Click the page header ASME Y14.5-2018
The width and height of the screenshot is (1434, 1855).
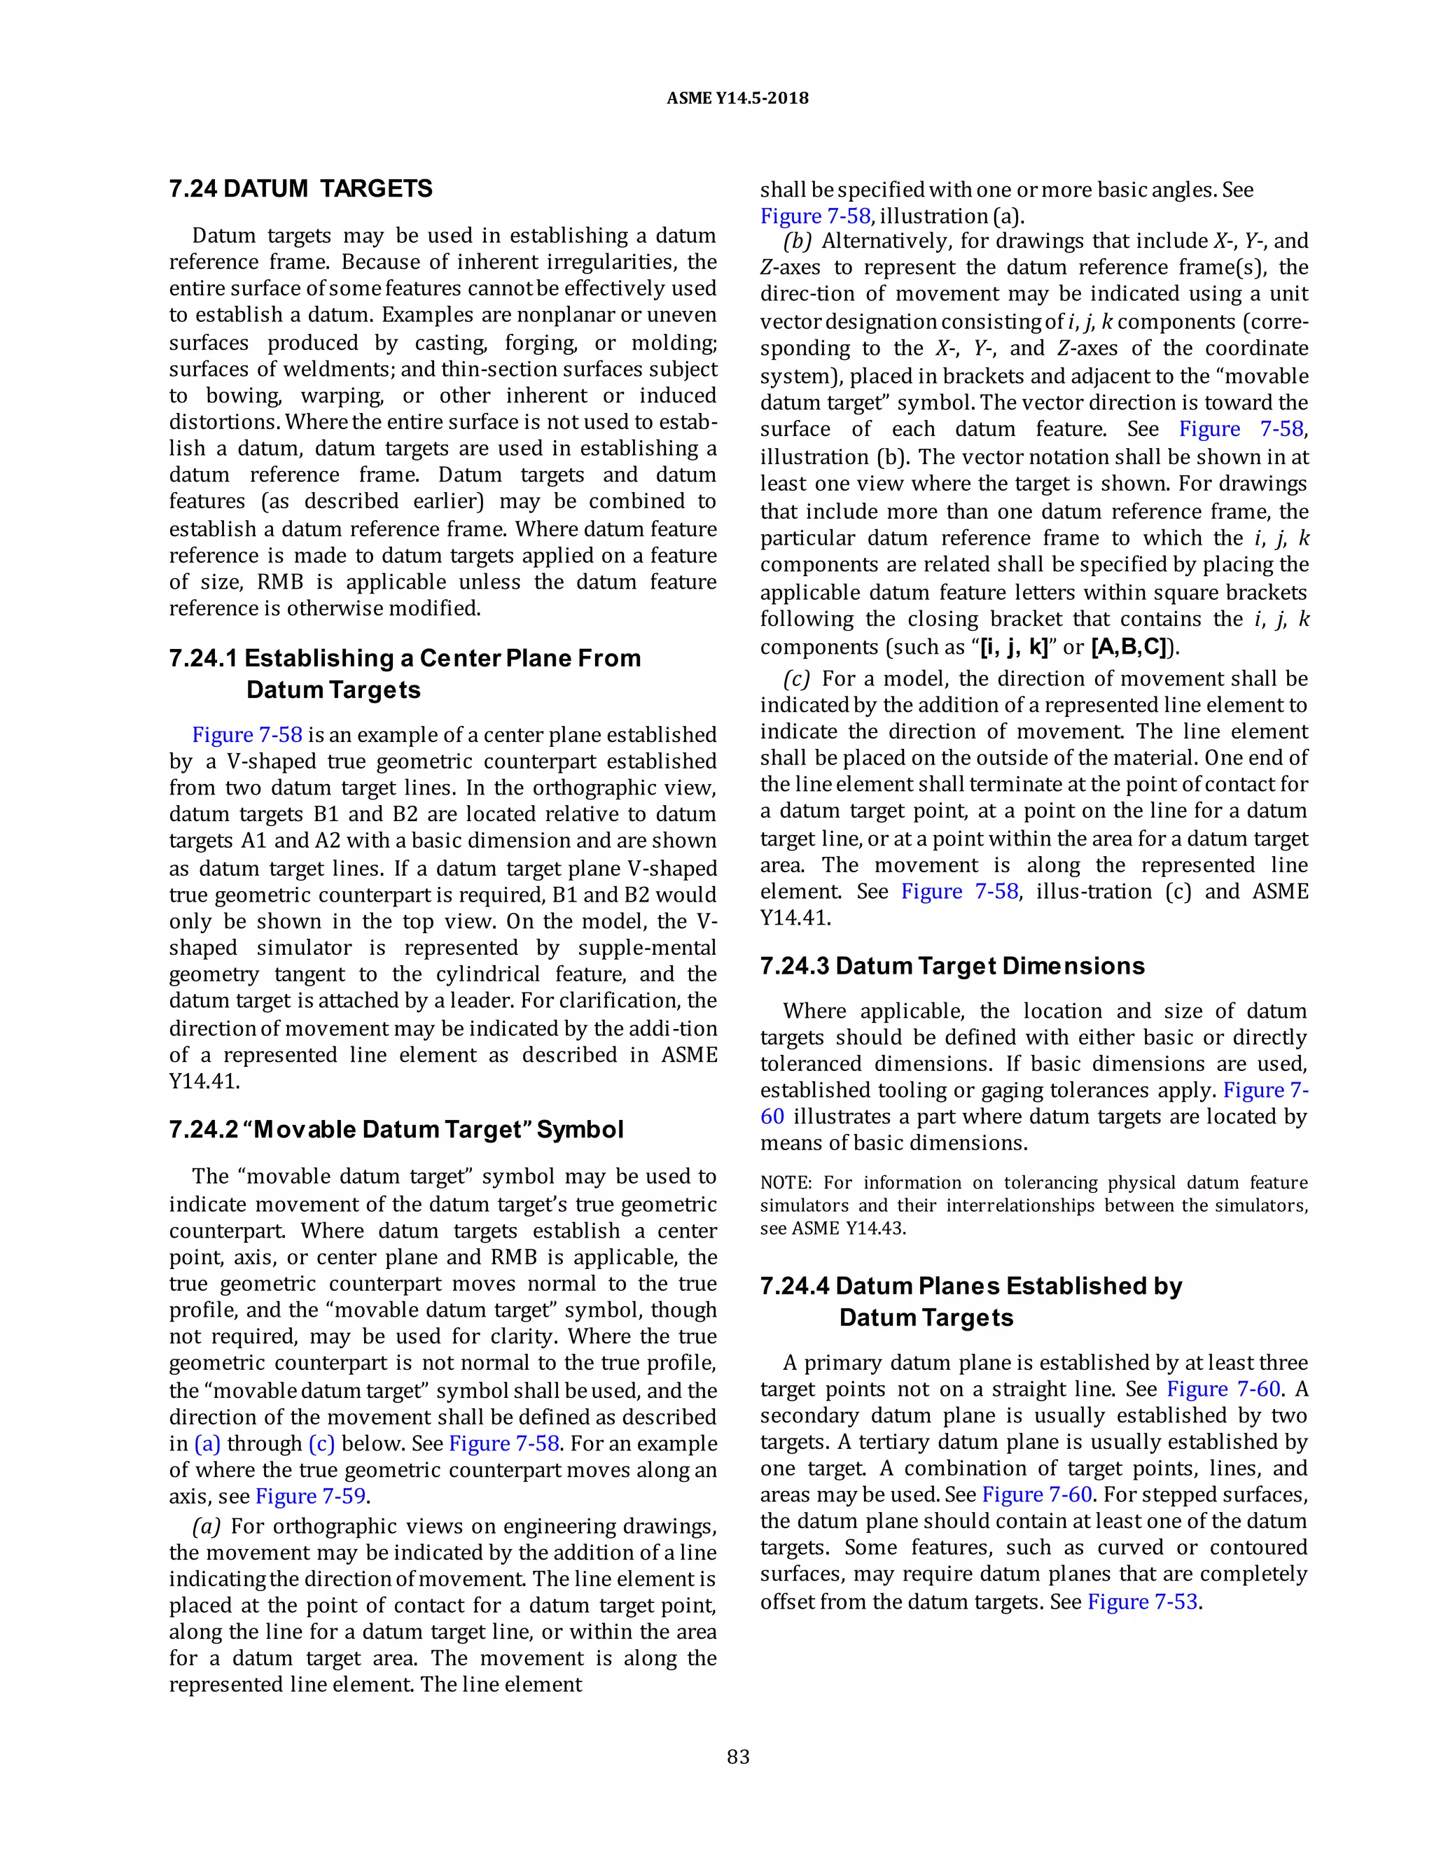(x=737, y=98)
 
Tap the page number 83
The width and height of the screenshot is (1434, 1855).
(x=738, y=1756)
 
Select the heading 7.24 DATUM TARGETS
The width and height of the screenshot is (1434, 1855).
(x=300, y=188)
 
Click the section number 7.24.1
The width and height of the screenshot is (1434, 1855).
(x=203, y=658)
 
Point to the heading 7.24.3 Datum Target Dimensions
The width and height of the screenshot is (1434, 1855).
(x=952, y=966)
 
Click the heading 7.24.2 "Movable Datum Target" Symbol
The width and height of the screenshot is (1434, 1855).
(x=396, y=1130)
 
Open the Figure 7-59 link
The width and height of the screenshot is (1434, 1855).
(x=310, y=1496)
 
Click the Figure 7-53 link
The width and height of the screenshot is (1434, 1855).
(x=1143, y=1602)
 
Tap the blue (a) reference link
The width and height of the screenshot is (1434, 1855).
(x=207, y=1444)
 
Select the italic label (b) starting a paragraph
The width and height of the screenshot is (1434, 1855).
(x=798, y=241)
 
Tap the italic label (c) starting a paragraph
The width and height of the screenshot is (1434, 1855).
(x=797, y=678)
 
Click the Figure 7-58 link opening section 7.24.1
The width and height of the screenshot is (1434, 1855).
(x=246, y=735)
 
